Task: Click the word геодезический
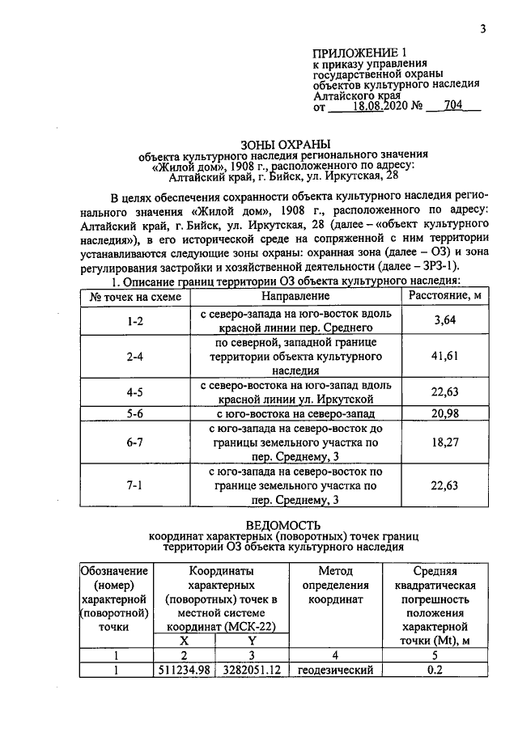[x=334, y=671]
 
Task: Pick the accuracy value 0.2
[x=435, y=671]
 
